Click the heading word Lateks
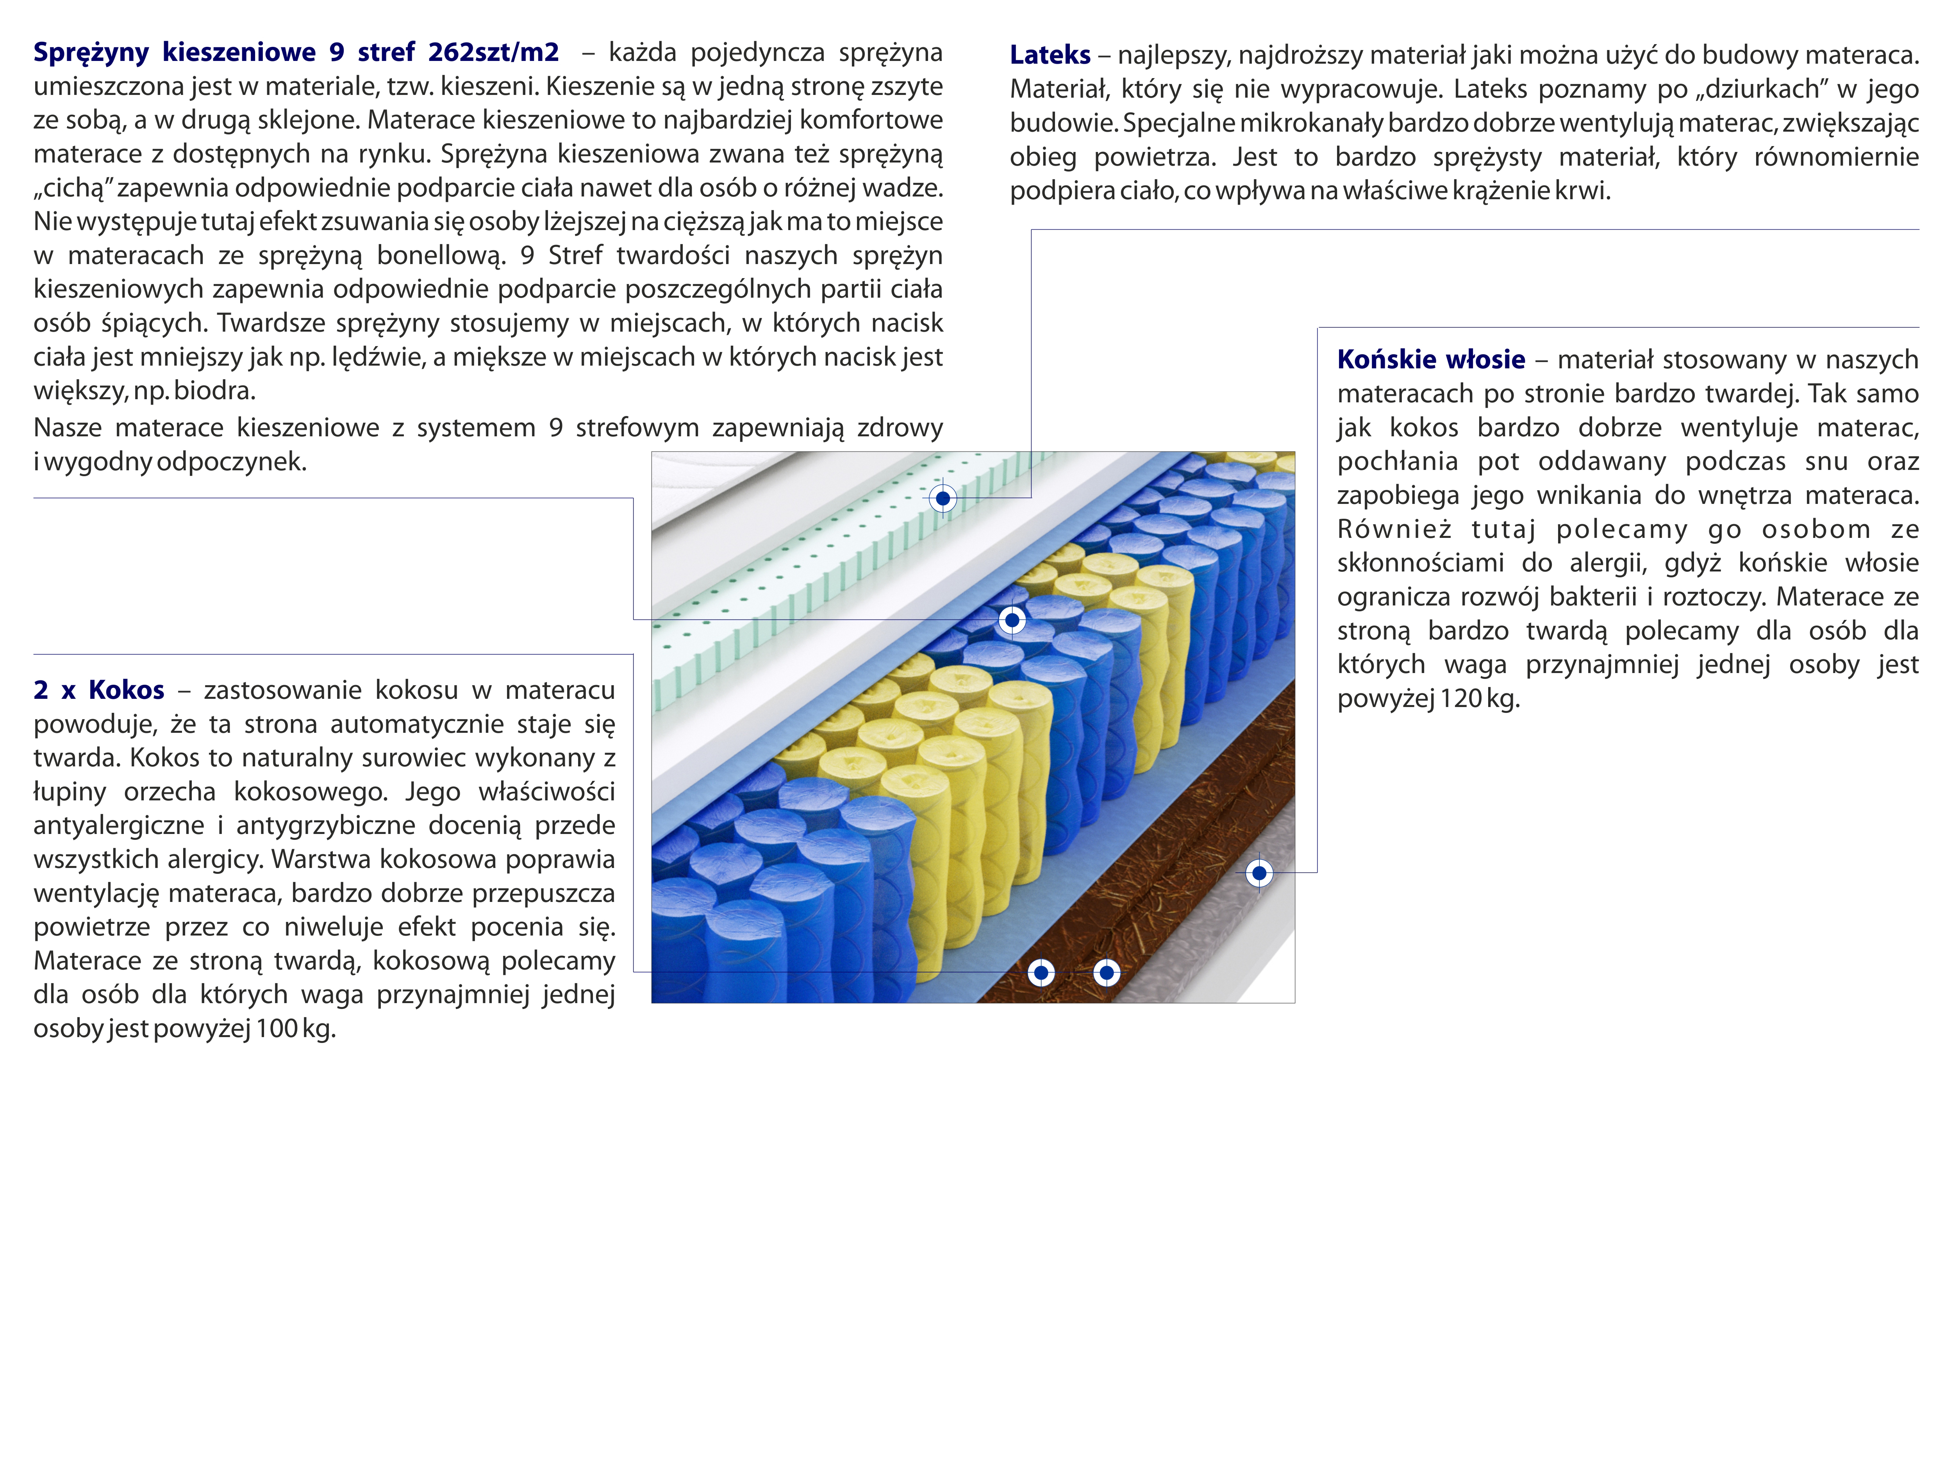point(1049,55)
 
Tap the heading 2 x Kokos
point(99,690)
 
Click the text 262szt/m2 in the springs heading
point(494,52)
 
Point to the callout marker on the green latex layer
point(943,498)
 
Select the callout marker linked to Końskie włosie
point(1259,873)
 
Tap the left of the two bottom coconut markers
point(1041,973)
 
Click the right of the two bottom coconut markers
point(1107,973)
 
